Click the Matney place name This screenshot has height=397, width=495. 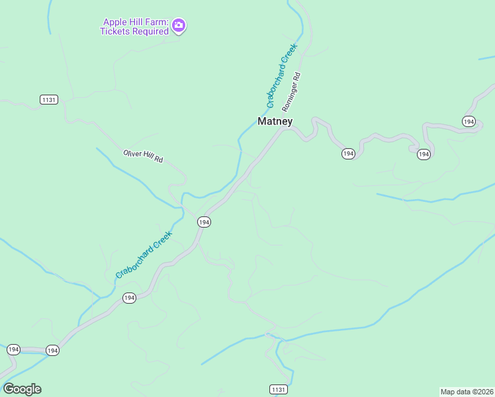point(275,121)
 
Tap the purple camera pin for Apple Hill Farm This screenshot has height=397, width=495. point(178,26)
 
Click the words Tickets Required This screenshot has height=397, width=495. point(134,30)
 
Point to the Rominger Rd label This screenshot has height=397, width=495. point(291,91)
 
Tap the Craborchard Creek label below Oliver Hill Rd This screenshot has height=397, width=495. point(144,254)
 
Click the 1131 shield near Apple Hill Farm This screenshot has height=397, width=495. point(48,99)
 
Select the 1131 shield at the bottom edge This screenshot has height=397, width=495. point(279,389)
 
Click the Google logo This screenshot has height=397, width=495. point(22,389)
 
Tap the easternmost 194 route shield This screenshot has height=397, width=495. point(469,121)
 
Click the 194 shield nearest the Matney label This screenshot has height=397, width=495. point(348,154)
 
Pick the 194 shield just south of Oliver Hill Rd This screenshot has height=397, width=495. point(204,222)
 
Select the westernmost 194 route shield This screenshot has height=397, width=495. point(13,349)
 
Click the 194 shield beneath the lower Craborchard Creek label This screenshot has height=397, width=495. point(129,298)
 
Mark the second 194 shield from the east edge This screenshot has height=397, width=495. point(424,154)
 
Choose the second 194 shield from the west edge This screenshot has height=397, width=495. point(53,350)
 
